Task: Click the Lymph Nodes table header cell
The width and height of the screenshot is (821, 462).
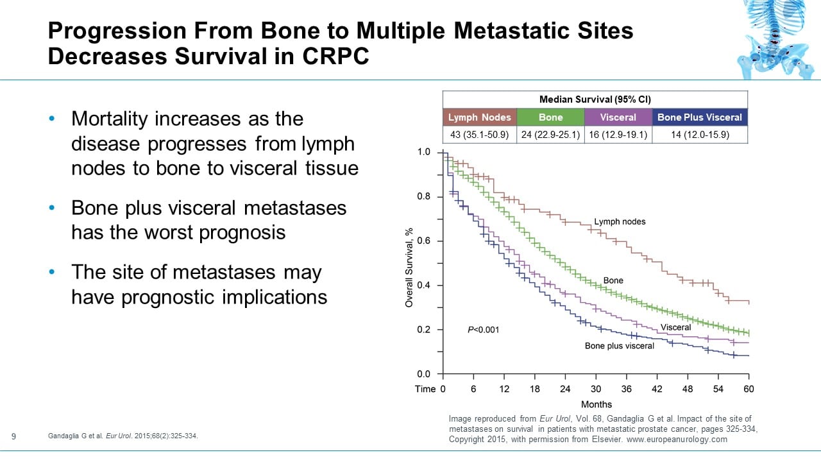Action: [x=480, y=117]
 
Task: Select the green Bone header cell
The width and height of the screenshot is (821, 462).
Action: [x=550, y=117]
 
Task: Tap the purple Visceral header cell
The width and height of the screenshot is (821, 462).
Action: [x=618, y=117]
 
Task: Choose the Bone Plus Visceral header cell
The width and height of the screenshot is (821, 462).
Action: [x=700, y=117]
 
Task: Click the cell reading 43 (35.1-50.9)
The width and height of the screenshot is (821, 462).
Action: [x=480, y=135]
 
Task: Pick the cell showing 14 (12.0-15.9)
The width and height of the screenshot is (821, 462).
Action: [x=700, y=135]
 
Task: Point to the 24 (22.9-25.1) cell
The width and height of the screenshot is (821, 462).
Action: [x=550, y=135]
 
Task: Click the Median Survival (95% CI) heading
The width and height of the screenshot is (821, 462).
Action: [x=595, y=99]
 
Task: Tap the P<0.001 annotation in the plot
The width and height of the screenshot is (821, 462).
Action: [x=483, y=330]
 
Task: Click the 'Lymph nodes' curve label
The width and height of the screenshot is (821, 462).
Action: [x=620, y=222]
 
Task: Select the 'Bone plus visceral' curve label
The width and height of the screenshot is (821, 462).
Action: [x=619, y=346]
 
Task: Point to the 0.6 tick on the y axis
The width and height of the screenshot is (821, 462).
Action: [x=424, y=241]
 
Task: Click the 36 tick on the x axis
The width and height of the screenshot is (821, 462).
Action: [x=626, y=389]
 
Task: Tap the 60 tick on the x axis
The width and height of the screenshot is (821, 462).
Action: [x=749, y=389]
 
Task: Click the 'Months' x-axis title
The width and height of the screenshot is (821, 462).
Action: [x=596, y=404]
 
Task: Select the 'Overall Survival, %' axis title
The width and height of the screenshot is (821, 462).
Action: [x=409, y=267]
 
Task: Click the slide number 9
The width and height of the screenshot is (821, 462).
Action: [x=14, y=437]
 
